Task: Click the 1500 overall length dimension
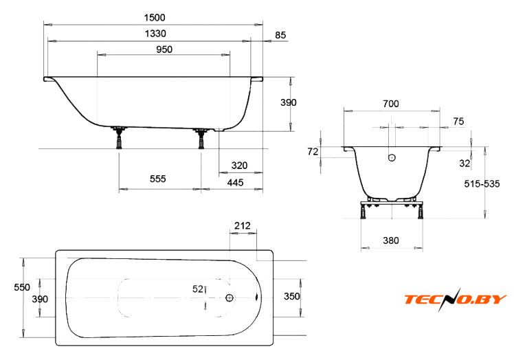[x=155, y=17]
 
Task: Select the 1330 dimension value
[x=155, y=34]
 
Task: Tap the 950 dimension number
[x=164, y=49]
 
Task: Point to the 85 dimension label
[x=280, y=35]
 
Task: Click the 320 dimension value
[x=239, y=166]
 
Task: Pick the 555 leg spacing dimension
[x=157, y=179]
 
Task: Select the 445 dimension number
[x=236, y=182]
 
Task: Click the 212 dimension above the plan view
[x=243, y=225]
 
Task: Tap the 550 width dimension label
[x=22, y=287]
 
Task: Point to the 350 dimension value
[x=292, y=296]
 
